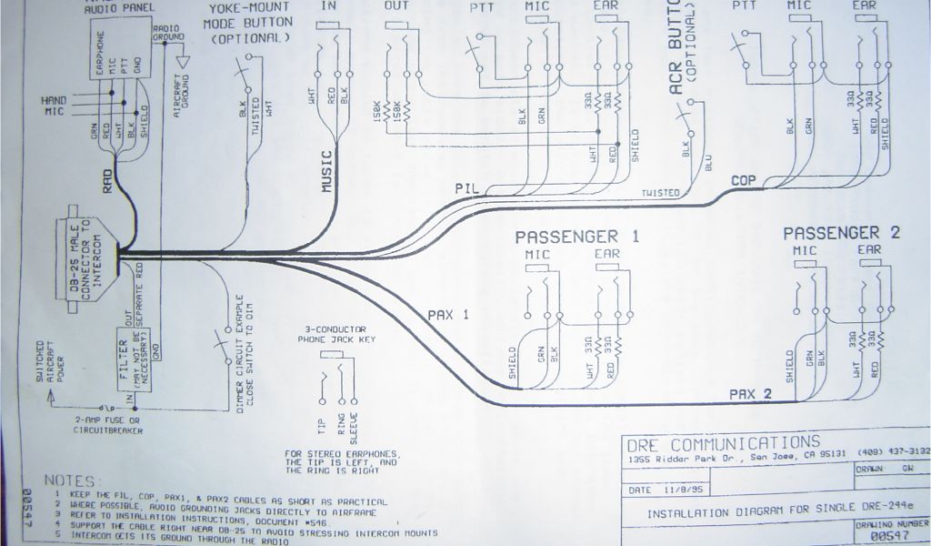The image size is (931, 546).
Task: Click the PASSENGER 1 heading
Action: [x=577, y=237]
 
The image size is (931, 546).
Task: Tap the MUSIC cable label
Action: [x=328, y=170]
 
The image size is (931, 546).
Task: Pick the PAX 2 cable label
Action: [x=749, y=393]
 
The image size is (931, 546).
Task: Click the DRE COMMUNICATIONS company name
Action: [x=722, y=443]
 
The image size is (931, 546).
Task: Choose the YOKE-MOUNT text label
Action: [x=247, y=9]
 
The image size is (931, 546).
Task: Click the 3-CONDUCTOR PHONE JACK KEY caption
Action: [x=337, y=334]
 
